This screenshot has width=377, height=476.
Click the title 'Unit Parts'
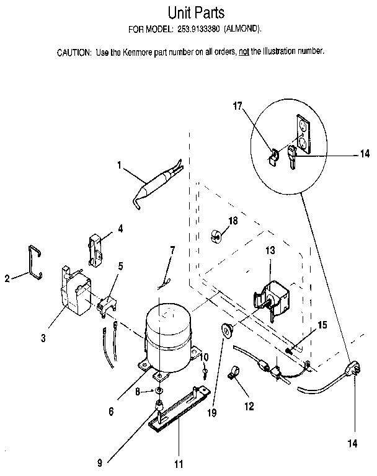[x=195, y=12]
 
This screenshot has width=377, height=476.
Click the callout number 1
[x=119, y=165]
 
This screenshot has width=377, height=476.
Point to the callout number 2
[x=7, y=278]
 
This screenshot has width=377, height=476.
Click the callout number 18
[x=233, y=221]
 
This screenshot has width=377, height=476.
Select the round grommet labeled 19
[x=227, y=330]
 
